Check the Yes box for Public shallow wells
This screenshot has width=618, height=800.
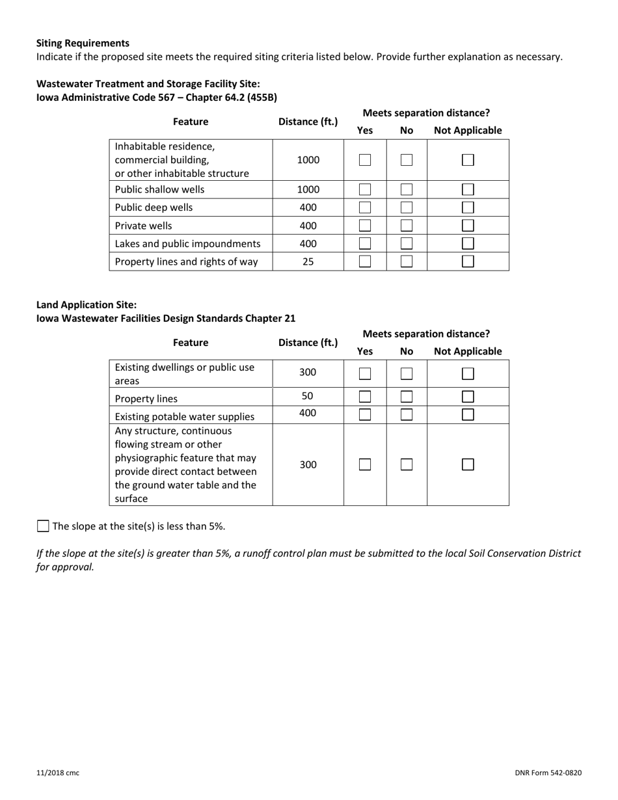click(x=365, y=190)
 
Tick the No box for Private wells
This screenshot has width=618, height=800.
click(x=407, y=226)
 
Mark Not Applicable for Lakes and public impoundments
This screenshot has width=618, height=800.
click(x=468, y=244)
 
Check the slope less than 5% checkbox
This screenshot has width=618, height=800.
click(x=43, y=526)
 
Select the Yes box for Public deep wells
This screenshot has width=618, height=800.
click(x=365, y=208)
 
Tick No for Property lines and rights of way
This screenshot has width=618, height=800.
click(x=407, y=261)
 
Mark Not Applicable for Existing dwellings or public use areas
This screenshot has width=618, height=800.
click(x=468, y=374)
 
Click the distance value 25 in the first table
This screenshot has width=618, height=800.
click(x=308, y=261)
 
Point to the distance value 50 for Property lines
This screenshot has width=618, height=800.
click(x=308, y=395)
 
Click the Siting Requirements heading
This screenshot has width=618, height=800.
click(x=83, y=43)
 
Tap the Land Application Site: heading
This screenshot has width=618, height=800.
click(x=87, y=304)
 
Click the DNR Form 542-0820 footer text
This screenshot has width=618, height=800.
click(x=548, y=773)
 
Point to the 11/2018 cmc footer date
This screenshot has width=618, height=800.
click(x=58, y=773)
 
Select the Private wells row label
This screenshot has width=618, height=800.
click(x=143, y=226)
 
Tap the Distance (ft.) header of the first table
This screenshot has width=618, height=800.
click(x=308, y=122)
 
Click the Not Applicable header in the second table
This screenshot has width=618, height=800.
click(x=468, y=351)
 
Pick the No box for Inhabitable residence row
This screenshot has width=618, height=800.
click(x=407, y=160)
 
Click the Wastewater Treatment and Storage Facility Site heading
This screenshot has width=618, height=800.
click(x=148, y=84)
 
